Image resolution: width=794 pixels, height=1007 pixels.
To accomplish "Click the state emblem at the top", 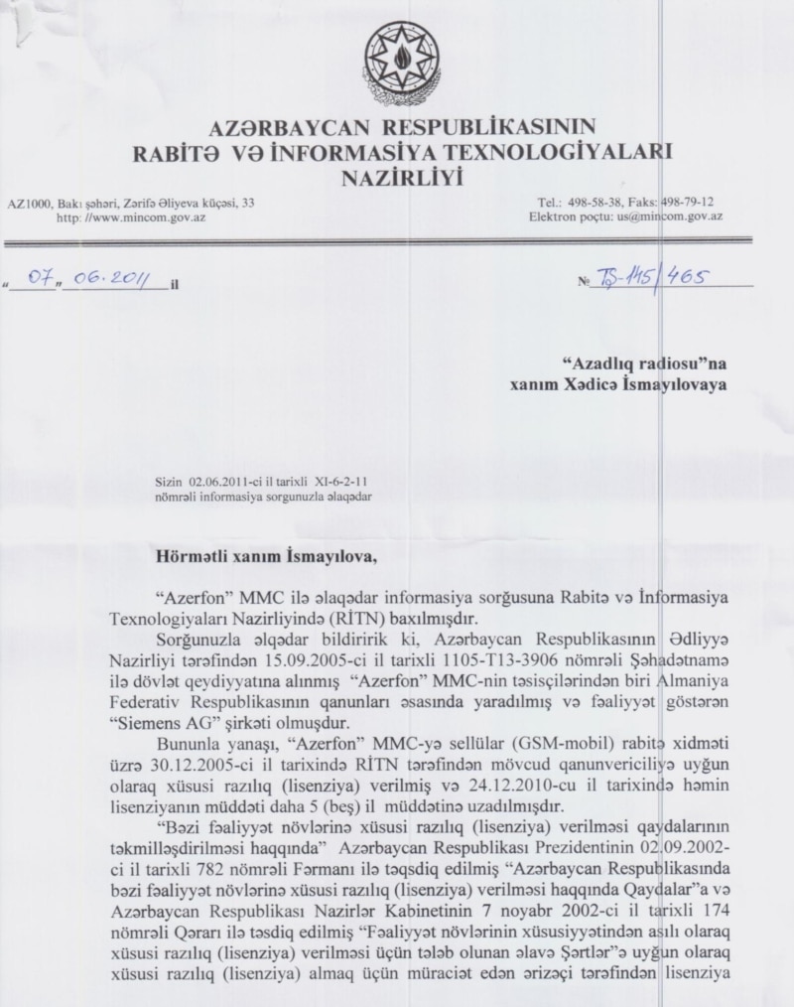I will pyautogui.click(x=397, y=56).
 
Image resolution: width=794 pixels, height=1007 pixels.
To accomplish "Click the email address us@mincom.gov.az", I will pyautogui.click(x=672, y=215).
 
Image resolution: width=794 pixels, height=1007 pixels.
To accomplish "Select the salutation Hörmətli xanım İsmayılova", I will pyautogui.click(x=267, y=556).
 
